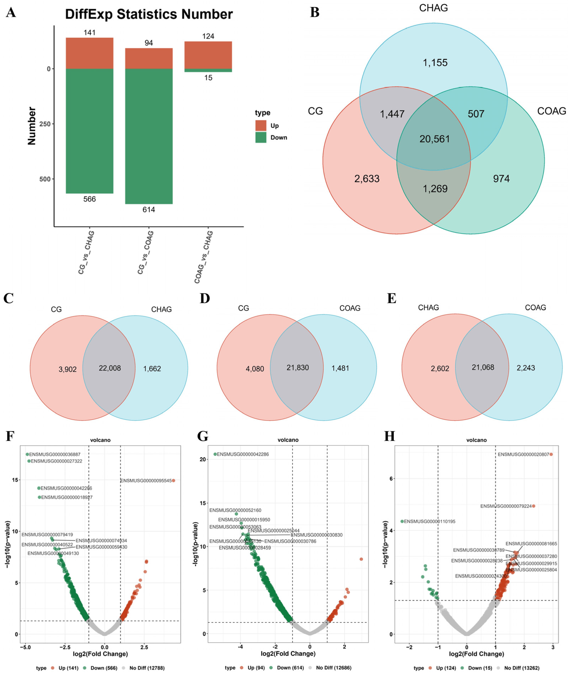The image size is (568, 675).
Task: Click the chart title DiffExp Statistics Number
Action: (149, 14)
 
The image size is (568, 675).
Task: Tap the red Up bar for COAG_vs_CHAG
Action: (208, 55)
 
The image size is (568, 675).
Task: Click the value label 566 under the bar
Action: (90, 199)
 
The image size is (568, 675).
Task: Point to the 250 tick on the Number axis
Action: (45, 124)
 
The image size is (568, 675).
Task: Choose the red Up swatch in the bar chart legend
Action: (261, 125)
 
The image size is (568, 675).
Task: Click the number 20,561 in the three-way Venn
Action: (434, 139)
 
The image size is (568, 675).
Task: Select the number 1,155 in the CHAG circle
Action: (435, 63)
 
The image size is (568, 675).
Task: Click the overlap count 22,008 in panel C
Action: (110, 368)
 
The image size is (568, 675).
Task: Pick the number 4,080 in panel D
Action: (255, 369)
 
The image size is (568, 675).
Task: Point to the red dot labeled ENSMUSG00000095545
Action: (173, 480)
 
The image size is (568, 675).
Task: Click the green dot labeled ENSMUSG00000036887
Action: (27, 454)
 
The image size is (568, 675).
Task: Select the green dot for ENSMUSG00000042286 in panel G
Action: (215, 454)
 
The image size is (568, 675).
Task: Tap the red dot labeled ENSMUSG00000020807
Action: (551, 454)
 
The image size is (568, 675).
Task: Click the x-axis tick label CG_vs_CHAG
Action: (86, 252)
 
